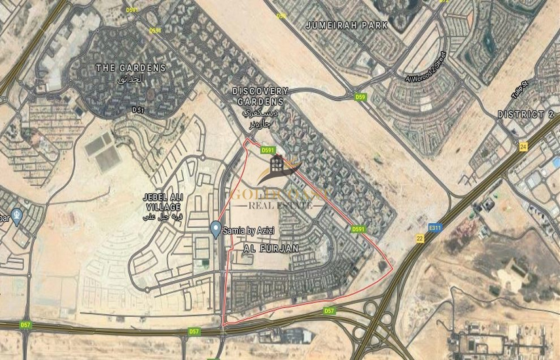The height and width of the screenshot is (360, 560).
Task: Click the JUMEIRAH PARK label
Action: [x=347, y=26]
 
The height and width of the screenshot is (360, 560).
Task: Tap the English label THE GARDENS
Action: [x=131, y=67]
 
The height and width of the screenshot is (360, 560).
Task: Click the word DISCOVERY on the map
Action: [x=260, y=91]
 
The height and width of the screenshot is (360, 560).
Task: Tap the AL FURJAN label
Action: [x=271, y=249]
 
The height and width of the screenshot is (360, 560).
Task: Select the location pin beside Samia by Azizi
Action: [x=215, y=228]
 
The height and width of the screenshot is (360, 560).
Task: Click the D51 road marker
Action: [x=137, y=111]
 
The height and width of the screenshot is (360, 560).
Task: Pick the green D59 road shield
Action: [x=360, y=97]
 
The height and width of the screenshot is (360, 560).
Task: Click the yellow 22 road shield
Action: [x=419, y=240]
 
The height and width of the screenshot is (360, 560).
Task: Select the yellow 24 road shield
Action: [x=523, y=148]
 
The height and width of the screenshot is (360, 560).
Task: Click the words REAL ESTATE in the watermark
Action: [x=277, y=206]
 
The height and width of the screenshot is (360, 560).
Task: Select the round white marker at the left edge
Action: [x=17, y=215]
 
